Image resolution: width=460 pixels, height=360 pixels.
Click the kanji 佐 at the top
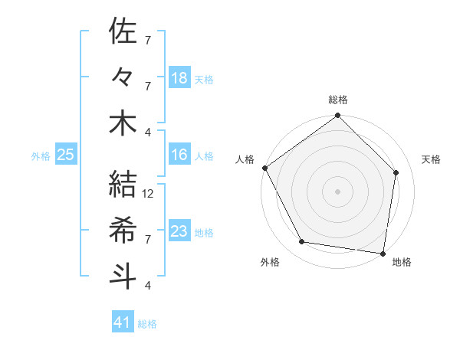tap(123, 31)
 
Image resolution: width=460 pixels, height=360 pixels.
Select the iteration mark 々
tap(123, 77)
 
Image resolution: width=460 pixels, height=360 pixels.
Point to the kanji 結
tap(123, 185)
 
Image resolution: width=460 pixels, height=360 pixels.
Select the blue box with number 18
tap(179, 77)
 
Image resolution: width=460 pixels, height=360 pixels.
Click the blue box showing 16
tap(179, 155)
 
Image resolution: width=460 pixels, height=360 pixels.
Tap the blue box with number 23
tap(179, 231)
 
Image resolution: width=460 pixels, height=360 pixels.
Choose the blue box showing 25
tap(65, 155)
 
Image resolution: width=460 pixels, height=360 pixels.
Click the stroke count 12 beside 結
tap(149, 194)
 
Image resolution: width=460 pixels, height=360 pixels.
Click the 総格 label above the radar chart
tap(338, 100)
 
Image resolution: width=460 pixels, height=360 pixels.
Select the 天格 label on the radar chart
tap(432, 159)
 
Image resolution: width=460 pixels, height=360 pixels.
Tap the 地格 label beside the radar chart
tap(402, 262)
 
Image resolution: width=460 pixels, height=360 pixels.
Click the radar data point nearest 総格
tap(338, 116)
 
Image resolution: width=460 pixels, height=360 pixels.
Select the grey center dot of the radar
tap(338, 191)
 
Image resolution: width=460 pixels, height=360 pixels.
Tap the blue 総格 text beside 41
tap(147, 324)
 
